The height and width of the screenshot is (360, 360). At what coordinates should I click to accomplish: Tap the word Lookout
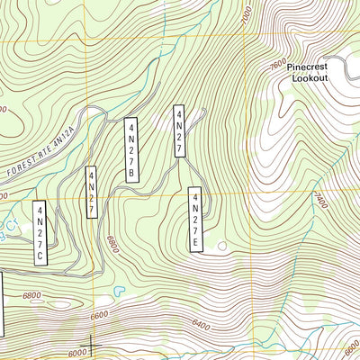pyautogui.click(x=310, y=78)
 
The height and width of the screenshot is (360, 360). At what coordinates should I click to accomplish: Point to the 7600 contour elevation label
pyautogui.click(x=278, y=65)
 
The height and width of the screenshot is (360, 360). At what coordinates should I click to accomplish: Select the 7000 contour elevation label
pyautogui.click(x=247, y=15)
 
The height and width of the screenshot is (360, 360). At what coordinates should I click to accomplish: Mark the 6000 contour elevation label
pyautogui.click(x=79, y=352)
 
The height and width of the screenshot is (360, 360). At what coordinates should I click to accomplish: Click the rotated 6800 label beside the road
pyautogui.click(x=112, y=241)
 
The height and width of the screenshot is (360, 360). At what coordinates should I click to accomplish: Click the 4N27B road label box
pyautogui.click(x=131, y=149)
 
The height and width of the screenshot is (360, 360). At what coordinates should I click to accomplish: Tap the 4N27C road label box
pyautogui.click(x=40, y=234)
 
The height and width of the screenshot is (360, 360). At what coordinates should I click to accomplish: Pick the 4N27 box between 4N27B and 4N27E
pyautogui.click(x=179, y=131)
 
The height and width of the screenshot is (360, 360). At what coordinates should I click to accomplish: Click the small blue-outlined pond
pyautogui.click(x=119, y=291)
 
